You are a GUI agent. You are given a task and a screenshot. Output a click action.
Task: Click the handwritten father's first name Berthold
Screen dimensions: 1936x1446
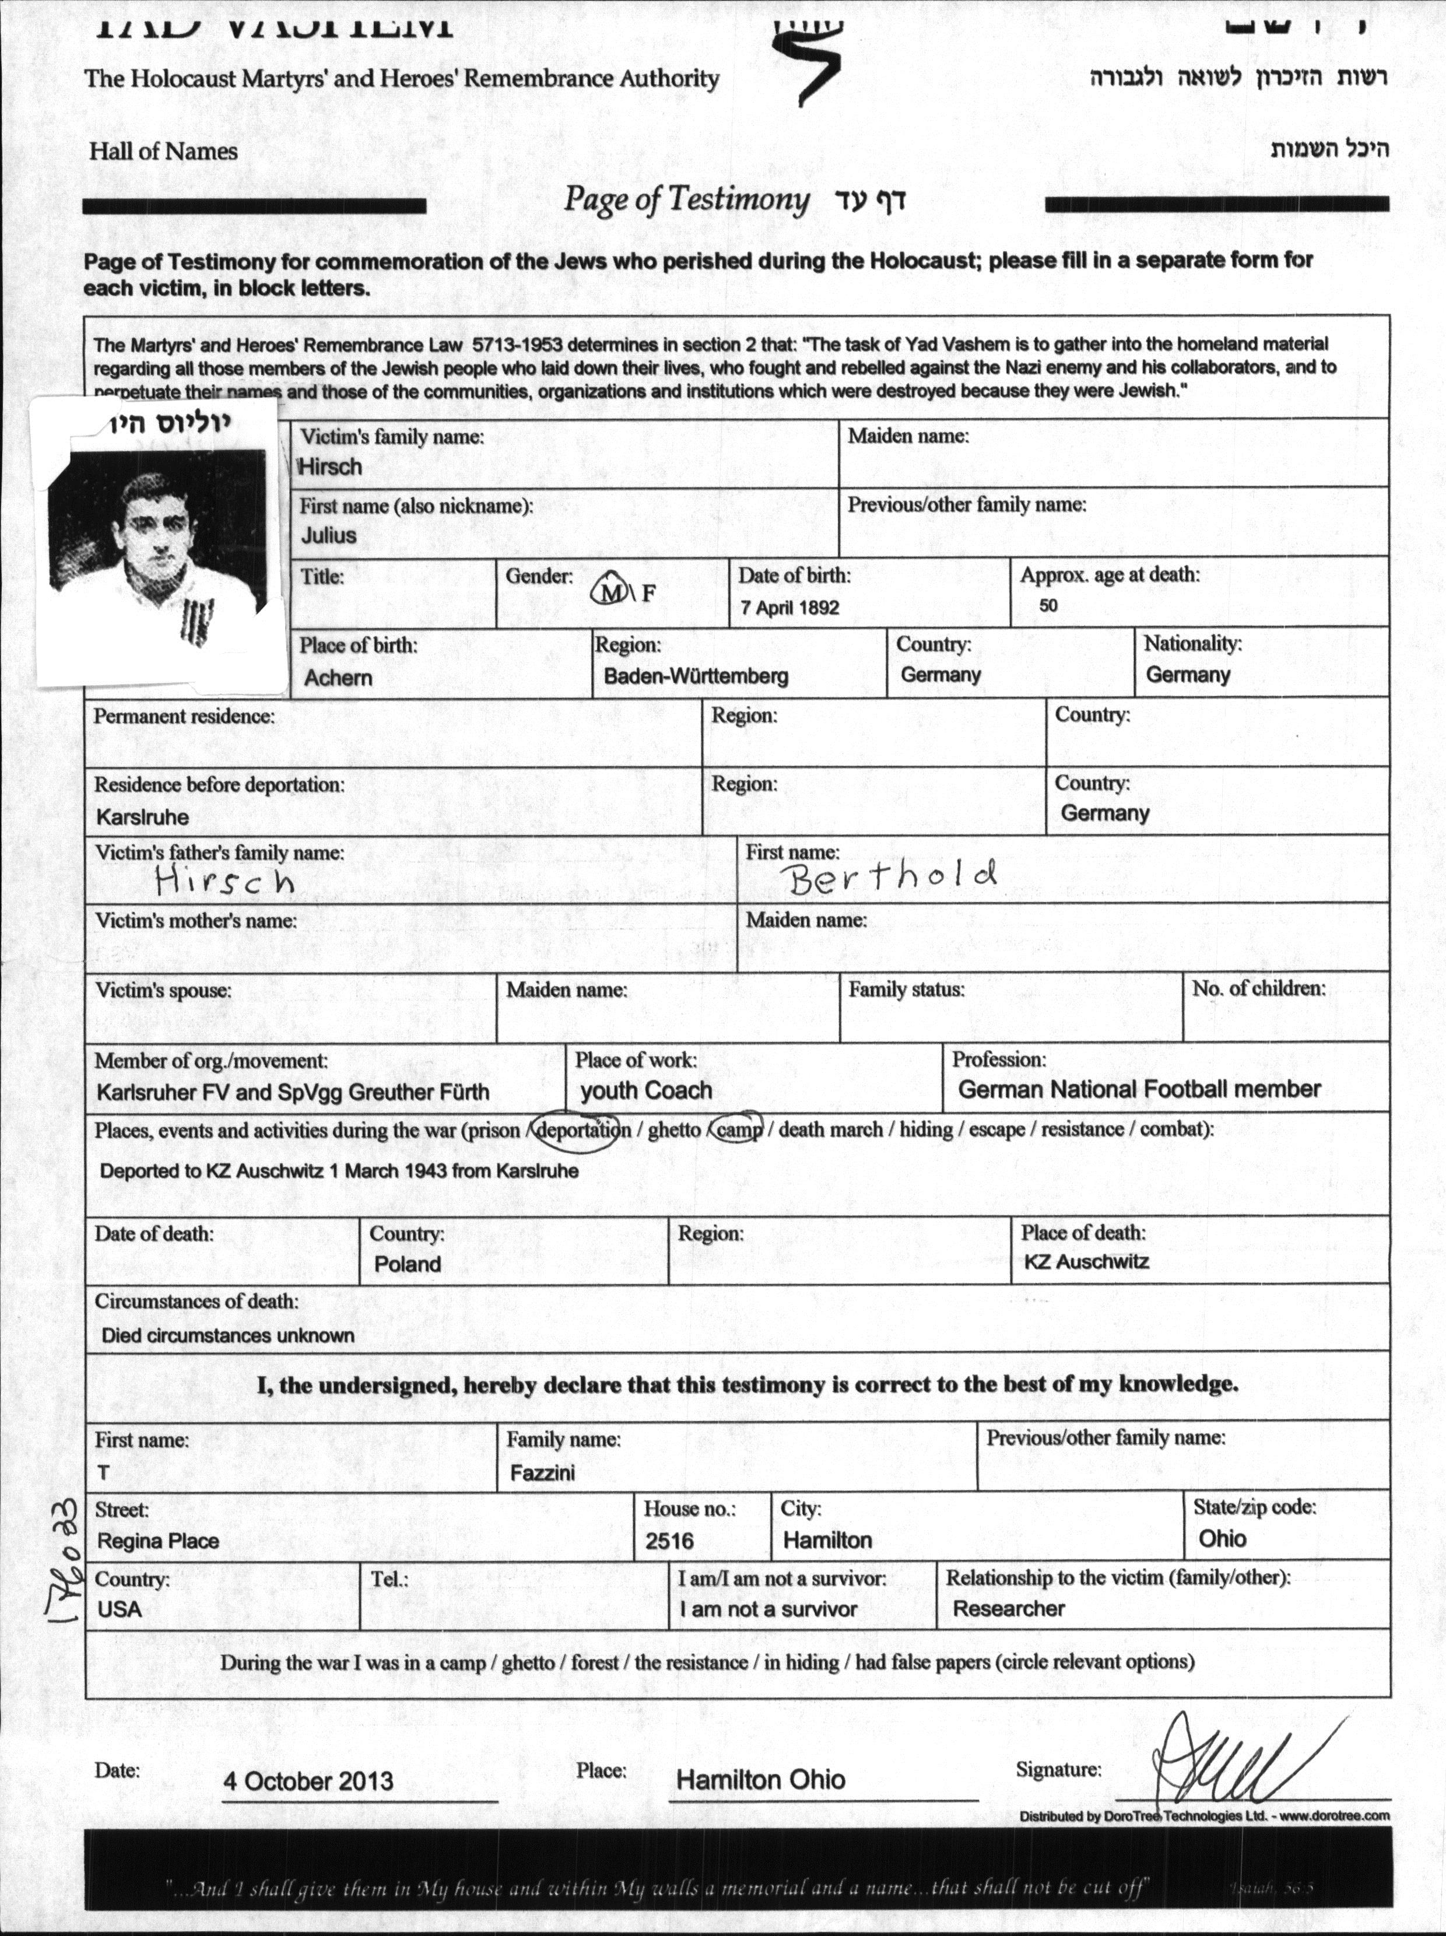click(x=893, y=876)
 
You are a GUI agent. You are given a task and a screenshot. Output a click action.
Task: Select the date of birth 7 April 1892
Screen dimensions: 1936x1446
click(x=789, y=608)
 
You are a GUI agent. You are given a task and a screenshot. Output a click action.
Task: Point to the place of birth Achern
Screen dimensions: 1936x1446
click(x=338, y=678)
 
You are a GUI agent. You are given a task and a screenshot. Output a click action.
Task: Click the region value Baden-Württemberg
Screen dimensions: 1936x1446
click(x=696, y=676)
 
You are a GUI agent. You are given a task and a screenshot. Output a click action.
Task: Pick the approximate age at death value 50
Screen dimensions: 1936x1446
click(x=1048, y=606)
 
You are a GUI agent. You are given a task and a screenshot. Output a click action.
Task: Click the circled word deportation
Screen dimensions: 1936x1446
click(x=581, y=1130)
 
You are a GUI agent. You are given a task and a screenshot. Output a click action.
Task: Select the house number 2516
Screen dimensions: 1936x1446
click(x=669, y=1541)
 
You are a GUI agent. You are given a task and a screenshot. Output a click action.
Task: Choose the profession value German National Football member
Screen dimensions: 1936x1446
click(x=1139, y=1090)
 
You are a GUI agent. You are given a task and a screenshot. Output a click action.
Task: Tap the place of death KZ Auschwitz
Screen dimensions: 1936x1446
click(x=1086, y=1262)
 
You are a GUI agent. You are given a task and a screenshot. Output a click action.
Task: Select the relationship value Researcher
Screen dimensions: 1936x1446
click(x=1008, y=1609)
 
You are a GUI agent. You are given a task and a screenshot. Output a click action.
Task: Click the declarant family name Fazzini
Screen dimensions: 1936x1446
click(x=543, y=1473)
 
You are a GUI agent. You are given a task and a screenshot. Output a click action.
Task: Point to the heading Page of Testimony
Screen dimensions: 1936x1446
click(x=685, y=199)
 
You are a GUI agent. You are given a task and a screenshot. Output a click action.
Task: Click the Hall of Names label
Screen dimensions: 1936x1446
click(x=163, y=152)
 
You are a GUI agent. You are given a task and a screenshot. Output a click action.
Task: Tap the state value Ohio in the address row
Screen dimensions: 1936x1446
click(x=1222, y=1539)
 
